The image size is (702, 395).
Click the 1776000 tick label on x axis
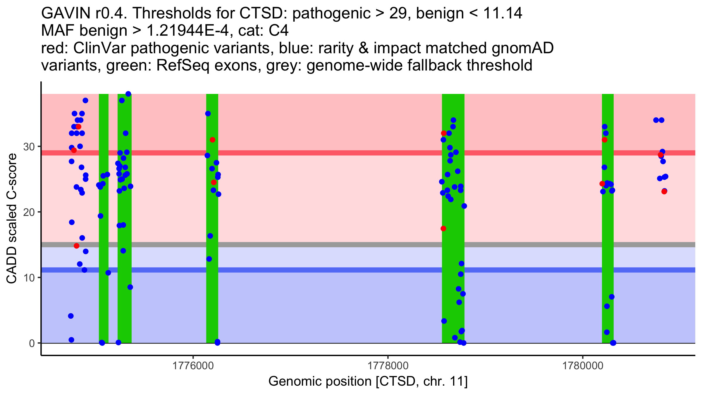pyautogui.click(x=193, y=366)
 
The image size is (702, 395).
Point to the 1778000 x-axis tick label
pyautogui.click(x=388, y=366)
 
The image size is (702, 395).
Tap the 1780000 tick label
pyautogui.click(x=583, y=366)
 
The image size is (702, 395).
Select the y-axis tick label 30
pyautogui.click(x=29, y=147)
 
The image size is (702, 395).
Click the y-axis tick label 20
pyautogui.click(x=29, y=212)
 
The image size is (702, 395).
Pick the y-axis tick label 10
pyautogui.click(x=29, y=278)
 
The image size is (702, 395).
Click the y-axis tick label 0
pyautogui.click(x=32, y=343)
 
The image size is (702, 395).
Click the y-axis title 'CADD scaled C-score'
pyautogui.click(x=12, y=219)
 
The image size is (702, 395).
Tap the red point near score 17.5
pyautogui.click(x=443, y=229)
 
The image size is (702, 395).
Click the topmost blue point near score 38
pyautogui.click(x=128, y=94)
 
